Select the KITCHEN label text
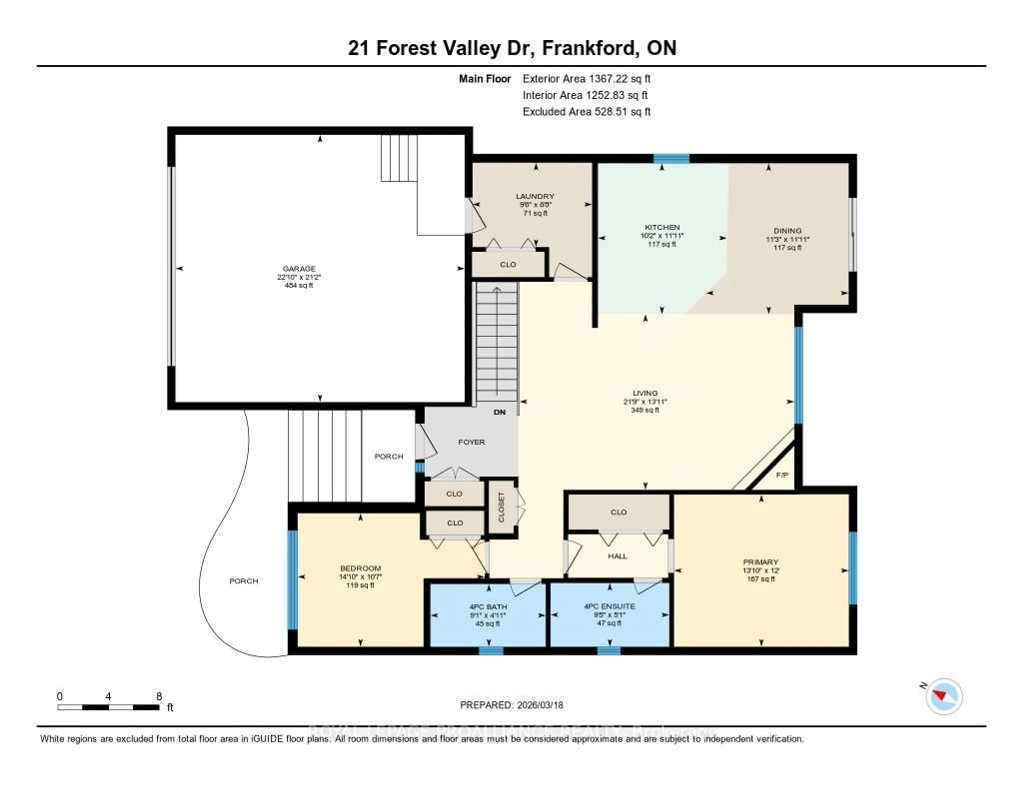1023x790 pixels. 662,227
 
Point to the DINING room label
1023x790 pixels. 787,230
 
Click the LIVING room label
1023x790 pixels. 645,393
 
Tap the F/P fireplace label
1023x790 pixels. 782,475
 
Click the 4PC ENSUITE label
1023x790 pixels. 609,606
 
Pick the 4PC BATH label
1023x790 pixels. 488,606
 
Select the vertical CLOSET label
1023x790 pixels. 501,507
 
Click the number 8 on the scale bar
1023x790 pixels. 159,696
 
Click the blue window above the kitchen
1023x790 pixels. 671,158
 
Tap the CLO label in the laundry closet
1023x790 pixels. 508,264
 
